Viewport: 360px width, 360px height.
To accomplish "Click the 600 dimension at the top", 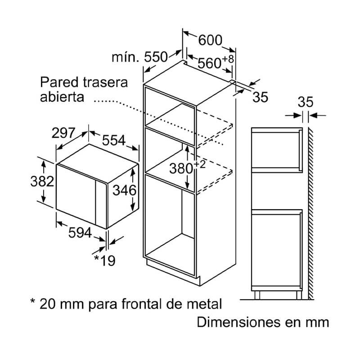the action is click(210, 40).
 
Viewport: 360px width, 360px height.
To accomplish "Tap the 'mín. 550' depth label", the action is click(139, 58).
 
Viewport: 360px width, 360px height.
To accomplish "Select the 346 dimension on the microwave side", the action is click(124, 190).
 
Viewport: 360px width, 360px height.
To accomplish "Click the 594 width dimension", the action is click(79, 233).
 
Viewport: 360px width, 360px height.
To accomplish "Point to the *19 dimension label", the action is click(104, 260).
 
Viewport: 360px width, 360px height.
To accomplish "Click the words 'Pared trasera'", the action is click(84, 83).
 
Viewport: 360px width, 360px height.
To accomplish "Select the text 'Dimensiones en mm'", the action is click(263, 322).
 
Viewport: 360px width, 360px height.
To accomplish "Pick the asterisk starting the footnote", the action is click(32, 302).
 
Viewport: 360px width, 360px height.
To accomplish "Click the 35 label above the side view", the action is click(306, 102).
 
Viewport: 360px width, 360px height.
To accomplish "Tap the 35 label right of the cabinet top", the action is click(260, 97).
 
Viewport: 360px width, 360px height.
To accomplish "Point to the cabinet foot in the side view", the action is click(257, 295).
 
